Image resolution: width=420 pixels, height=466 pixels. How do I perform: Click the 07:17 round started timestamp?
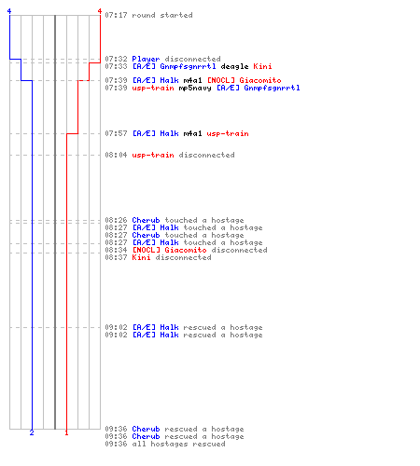tap(116, 15)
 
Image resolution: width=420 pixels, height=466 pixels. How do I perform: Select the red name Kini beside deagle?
tap(262, 66)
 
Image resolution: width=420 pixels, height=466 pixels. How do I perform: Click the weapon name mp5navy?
tap(195, 88)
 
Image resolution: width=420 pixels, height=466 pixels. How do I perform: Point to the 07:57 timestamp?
tap(116, 133)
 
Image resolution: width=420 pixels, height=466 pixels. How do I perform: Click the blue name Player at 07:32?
tap(146, 59)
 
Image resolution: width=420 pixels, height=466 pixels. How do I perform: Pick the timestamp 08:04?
tap(116, 155)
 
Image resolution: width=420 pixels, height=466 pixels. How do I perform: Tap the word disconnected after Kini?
tap(184, 257)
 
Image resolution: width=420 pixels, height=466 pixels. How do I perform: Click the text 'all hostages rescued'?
tap(179, 444)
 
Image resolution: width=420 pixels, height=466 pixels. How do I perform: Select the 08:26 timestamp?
tap(116, 220)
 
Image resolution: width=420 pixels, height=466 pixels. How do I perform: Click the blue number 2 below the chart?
tap(32, 432)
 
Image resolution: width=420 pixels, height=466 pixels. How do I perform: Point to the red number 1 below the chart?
tap(66, 432)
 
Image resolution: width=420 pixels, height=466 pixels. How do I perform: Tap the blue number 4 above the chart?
tap(9, 11)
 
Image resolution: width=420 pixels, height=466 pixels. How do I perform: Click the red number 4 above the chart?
tap(100, 11)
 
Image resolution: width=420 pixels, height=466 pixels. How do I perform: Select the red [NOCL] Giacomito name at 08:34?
tap(170, 250)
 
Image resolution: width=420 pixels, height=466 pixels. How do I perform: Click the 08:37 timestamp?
tap(116, 257)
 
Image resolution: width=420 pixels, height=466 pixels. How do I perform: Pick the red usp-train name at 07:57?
tap(228, 133)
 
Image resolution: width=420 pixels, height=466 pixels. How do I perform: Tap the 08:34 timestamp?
tap(116, 250)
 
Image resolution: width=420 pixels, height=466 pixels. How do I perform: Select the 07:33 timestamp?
tap(116, 66)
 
